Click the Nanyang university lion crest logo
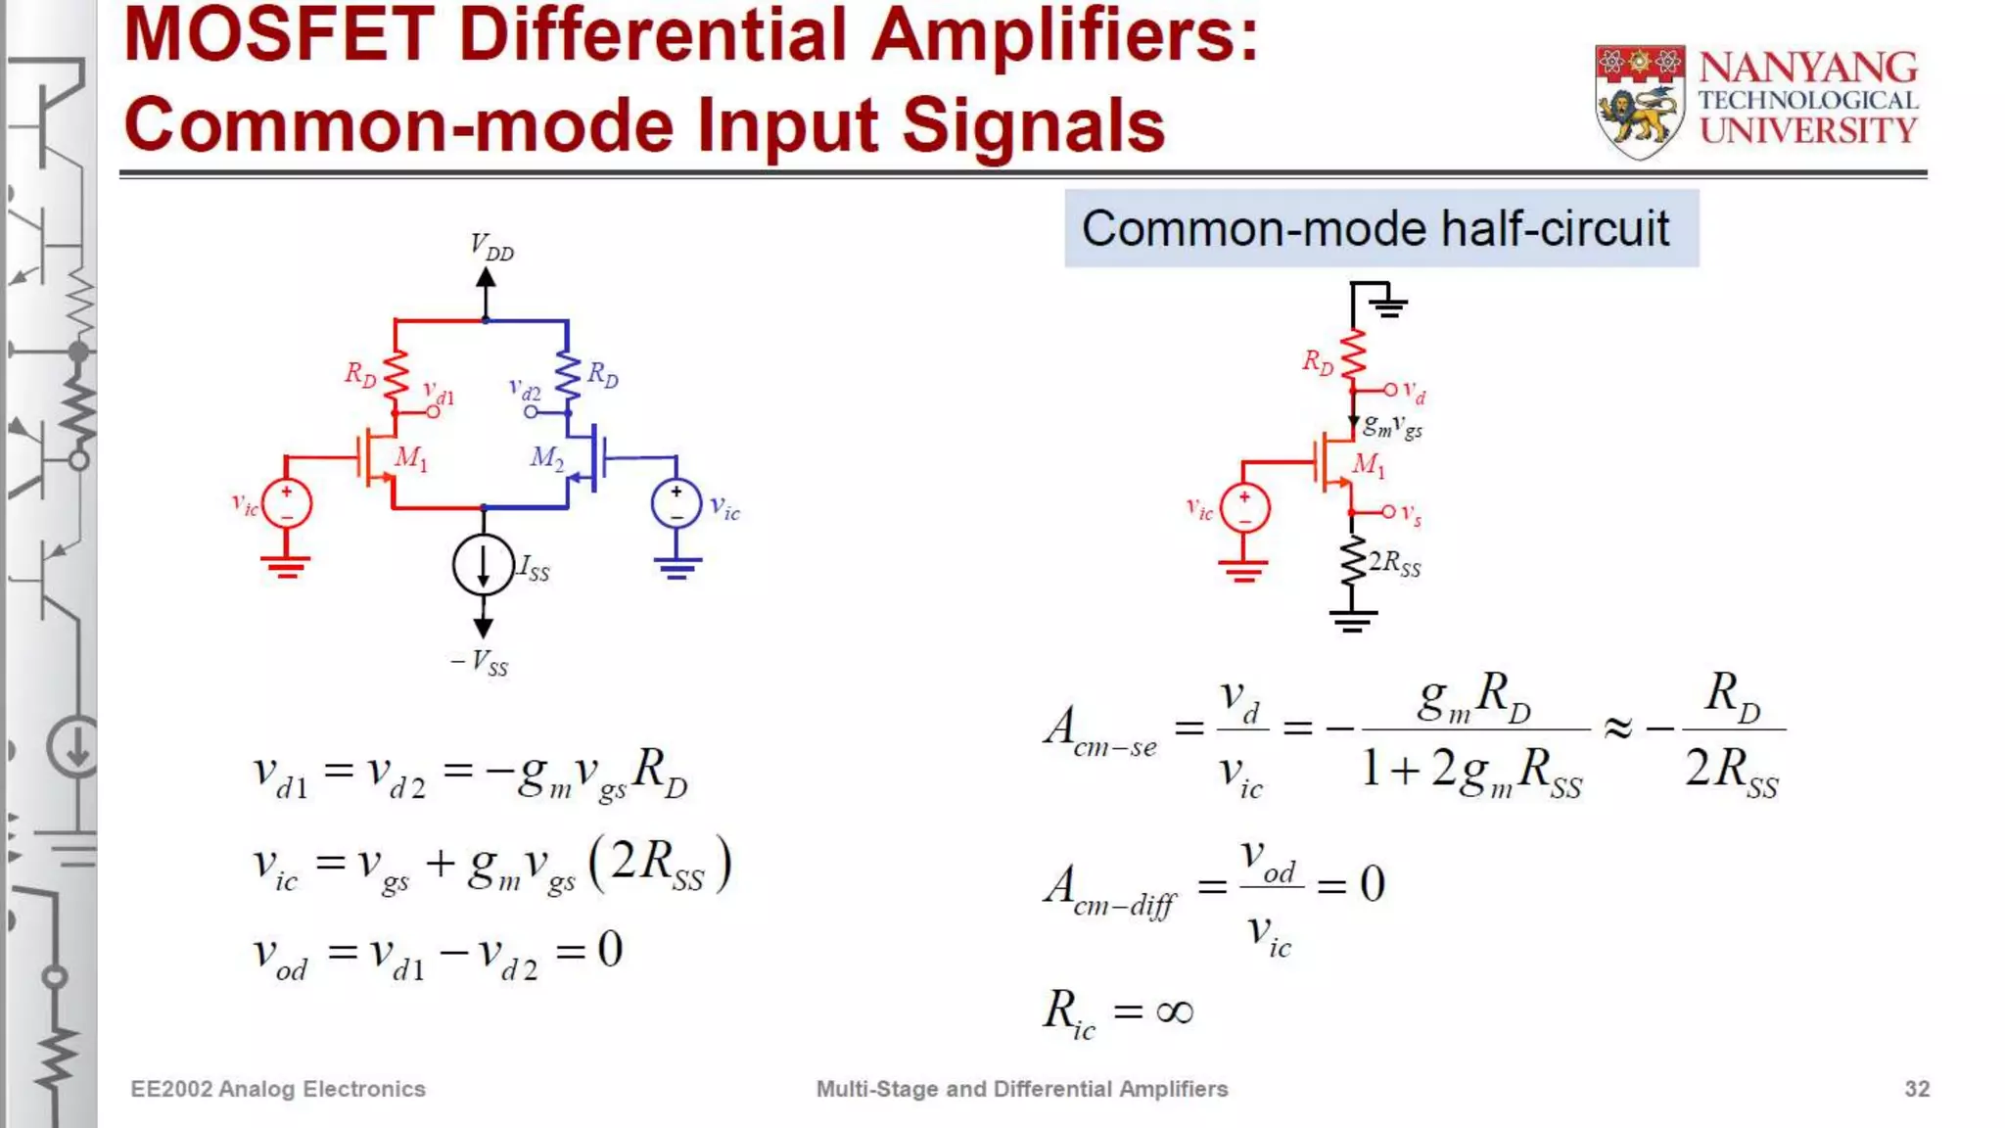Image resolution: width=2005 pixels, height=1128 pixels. [x=1640, y=101]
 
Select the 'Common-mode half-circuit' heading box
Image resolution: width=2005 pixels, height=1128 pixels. [x=1380, y=228]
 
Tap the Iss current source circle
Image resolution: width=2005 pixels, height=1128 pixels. [x=483, y=565]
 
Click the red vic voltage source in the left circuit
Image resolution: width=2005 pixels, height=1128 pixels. [x=287, y=504]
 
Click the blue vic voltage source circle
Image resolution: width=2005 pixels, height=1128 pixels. [x=676, y=503]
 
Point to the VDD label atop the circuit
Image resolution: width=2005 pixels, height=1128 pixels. [x=491, y=247]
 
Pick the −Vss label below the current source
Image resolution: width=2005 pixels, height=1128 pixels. [x=480, y=663]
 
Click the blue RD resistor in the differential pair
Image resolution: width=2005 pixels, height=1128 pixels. [x=568, y=376]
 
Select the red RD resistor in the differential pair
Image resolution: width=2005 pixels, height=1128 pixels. [x=395, y=376]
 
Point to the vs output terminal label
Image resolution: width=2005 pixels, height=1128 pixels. [x=1411, y=514]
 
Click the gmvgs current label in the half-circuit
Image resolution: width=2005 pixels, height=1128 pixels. [x=1392, y=426]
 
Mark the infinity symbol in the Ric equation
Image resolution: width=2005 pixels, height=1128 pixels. [x=1174, y=1011]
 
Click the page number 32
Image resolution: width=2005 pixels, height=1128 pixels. [x=1916, y=1089]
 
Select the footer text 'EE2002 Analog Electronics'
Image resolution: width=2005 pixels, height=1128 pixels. [x=278, y=1089]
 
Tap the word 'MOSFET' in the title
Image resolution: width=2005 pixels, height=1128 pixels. [x=280, y=35]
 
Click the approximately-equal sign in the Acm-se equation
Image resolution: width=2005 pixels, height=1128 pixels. [x=1617, y=728]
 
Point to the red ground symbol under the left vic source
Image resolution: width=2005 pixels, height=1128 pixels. [x=286, y=567]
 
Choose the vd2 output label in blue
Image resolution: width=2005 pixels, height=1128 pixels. [x=525, y=390]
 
